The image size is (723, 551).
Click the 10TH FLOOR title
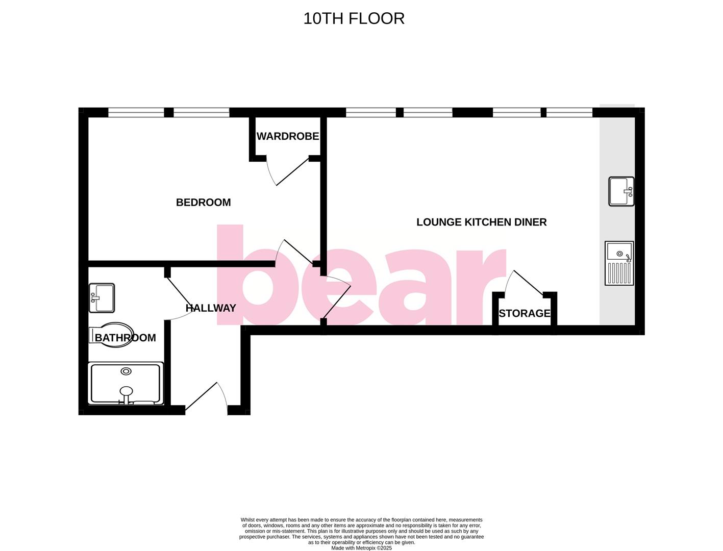click(x=354, y=18)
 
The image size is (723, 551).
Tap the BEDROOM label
click(x=203, y=203)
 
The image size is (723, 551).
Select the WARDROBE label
click(x=288, y=136)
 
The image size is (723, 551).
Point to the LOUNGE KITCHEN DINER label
click(x=481, y=222)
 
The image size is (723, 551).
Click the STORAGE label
click(x=525, y=313)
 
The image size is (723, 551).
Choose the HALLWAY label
click(x=211, y=308)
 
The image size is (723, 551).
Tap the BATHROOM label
click(x=126, y=338)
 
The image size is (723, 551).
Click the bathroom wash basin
click(x=102, y=298)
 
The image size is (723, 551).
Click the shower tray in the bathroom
click(x=126, y=383)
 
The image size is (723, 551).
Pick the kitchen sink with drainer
click(x=619, y=263)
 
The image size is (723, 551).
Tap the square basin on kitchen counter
click(x=621, y=191)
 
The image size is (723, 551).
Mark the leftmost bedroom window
click(x=136, y=113)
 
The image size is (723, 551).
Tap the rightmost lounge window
click(x=569, y=113)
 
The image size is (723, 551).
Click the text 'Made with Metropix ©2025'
click(x=361, y=548)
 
